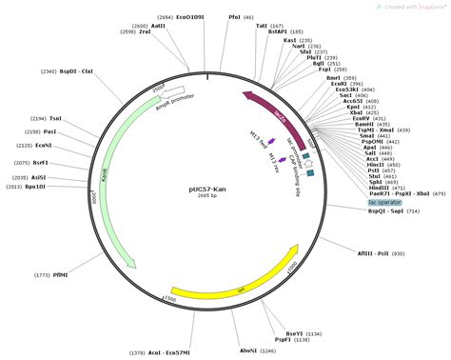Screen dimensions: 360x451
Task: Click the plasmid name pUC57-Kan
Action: point(207,189)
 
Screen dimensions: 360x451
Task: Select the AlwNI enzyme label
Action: point(248,351)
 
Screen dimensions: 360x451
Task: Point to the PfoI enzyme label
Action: point(235,17)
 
